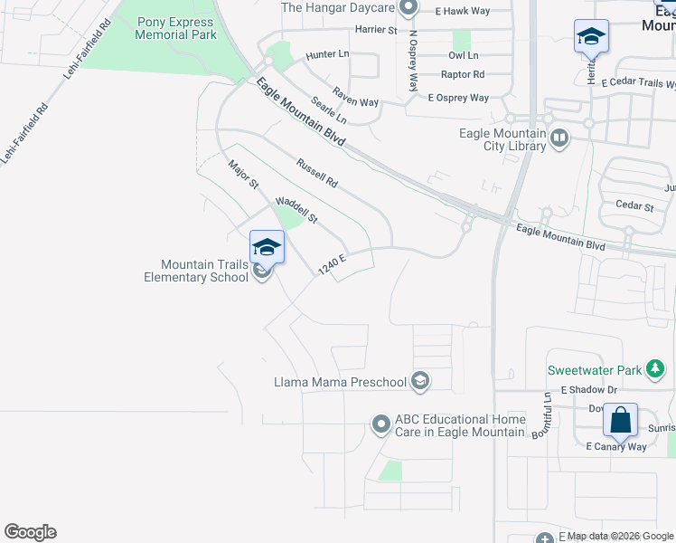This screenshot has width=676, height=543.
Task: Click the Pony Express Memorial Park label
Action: [176, 28]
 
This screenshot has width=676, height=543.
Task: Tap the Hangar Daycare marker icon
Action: [408, 8]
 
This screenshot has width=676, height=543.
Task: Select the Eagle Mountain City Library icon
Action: [559, 138]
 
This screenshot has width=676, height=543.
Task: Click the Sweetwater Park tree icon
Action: [656, 369]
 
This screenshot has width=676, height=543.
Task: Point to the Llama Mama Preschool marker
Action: [419, 382]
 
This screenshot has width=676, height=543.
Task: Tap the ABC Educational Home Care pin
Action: [381, 424]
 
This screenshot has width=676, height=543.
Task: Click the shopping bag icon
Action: [620, 421]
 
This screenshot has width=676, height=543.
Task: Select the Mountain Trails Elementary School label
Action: [195, 271]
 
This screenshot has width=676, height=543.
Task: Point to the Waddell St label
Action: [296, 210]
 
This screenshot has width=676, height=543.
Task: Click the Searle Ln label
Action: [329, 110]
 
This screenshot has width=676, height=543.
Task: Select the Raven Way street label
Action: [355, 97]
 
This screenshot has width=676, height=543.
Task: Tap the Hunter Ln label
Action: [327, 55]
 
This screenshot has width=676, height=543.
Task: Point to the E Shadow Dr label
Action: [587, 389]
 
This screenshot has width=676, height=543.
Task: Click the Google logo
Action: [30, 532]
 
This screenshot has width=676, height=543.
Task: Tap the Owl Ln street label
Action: [463, 54]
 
